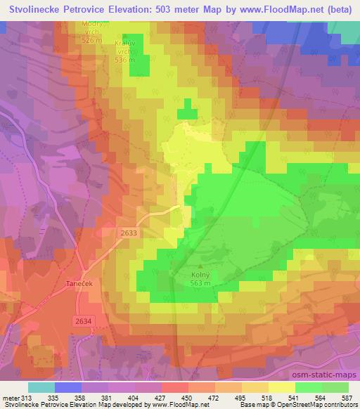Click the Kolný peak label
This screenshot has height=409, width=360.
pyautogui.click(x=200, y=275)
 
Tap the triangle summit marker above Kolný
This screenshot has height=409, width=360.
pyautogui.click(x=200, y=266)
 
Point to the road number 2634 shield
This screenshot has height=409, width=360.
pyautogui.click(x=82, y=320)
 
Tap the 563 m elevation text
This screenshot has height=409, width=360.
pyautogui.click(x=200, y=284)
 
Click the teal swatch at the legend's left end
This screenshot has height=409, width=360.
pyautogui.click(x=41, y=387)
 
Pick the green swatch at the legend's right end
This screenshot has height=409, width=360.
pyautogui.click(x=335, y=387)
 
